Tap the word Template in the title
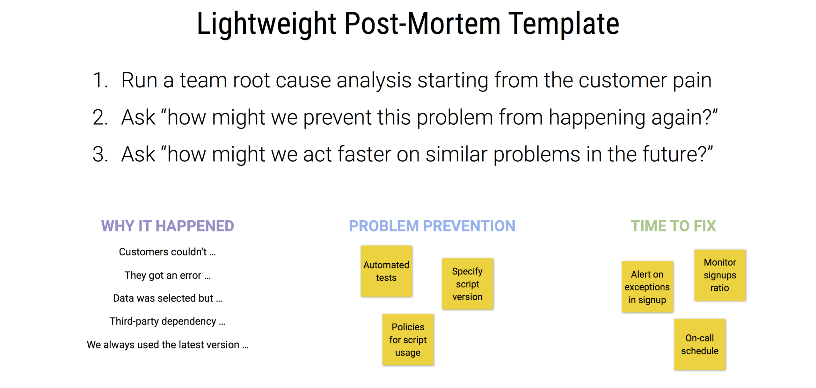click(x=563, y=24)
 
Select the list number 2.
click(x=100, y=117)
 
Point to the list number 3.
click(x=100, y=154)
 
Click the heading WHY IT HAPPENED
click(x=168, y=226)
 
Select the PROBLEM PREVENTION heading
click(x=432, y=226)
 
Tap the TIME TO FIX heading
click(x=673, y=226)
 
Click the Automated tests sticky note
click(x=386, y=271)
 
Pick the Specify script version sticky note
click(x=468, y=284)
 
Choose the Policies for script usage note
click(x=408, y=340)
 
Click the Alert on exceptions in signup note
click(x=647, y=287)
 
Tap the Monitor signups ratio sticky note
click(x=720, y=275)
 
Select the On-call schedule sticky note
click(x=700, y=344)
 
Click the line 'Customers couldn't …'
click(x=167, y=252)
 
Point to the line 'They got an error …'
click(x=167, y=275)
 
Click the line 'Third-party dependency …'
click(x=167, y=321)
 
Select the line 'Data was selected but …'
click(x=168, y=298)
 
